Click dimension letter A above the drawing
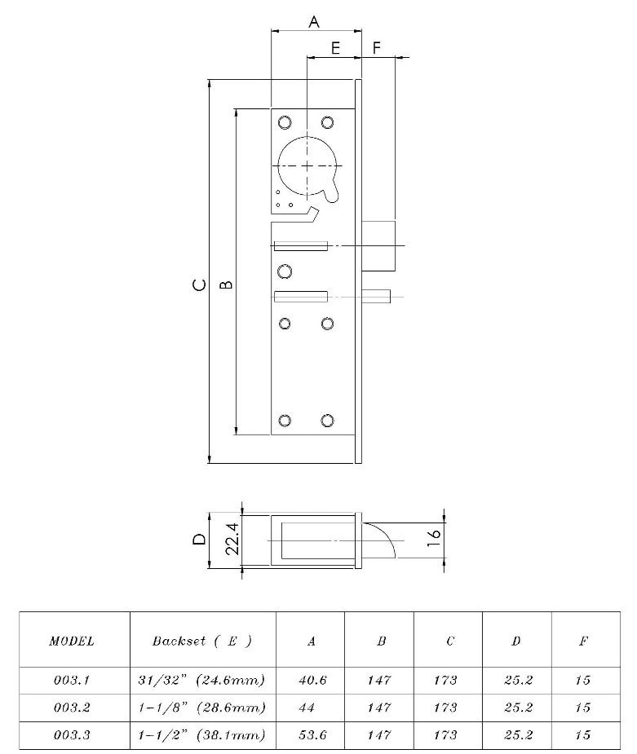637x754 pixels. coord(314,22)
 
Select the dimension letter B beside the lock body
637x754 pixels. coord(227,285)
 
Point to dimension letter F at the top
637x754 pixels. coord(377,48)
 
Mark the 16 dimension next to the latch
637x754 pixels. coord(434,535)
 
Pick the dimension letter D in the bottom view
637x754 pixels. coord(198,539)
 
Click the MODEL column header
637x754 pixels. coord(72,641)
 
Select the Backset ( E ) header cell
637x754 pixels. coord(201,641)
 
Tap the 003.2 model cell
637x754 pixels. coord(72,707)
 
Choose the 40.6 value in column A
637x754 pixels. coord(311,680)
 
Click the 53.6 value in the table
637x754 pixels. coord(311,734)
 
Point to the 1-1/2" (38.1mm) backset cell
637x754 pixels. coord(201,734)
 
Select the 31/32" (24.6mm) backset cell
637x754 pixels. coord(201,680)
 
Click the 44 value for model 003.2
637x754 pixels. coord(311,707)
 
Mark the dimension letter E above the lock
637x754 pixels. coord(335,48)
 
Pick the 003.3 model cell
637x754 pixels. coord(72,734)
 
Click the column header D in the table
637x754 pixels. coord(516,641)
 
